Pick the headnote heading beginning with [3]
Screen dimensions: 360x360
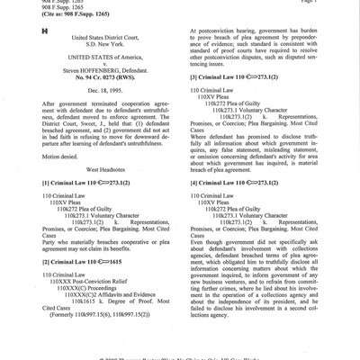(x=236, y=79)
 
